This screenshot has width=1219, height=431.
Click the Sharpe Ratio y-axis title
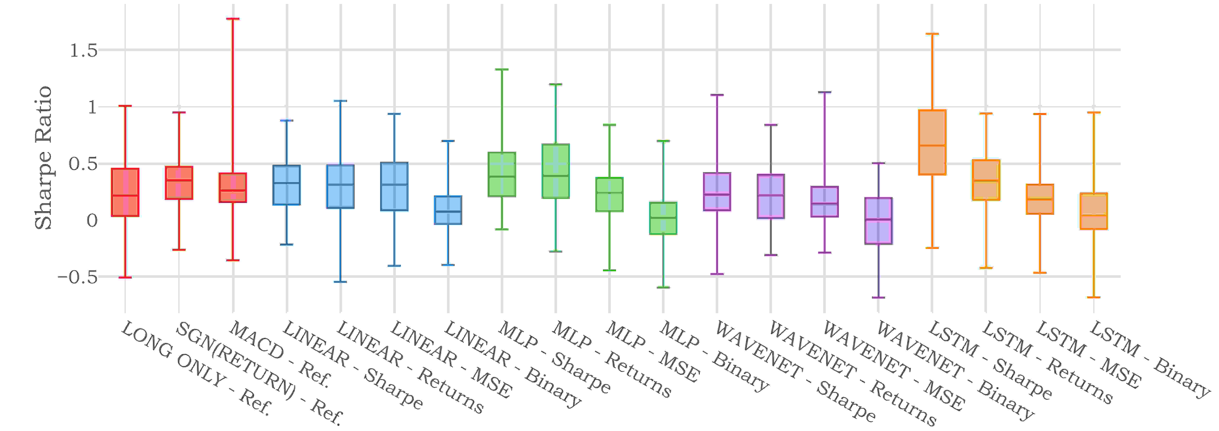tap(44, 158)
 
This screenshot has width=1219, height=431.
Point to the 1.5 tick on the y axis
tap(84, 50)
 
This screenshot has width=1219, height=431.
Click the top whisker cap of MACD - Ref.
tap(233, 19)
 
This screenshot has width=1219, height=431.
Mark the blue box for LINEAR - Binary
tap(448, 210)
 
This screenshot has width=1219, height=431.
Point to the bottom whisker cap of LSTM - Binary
tap(1094, 297)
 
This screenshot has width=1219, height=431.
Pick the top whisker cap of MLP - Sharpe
tap(502, 70)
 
